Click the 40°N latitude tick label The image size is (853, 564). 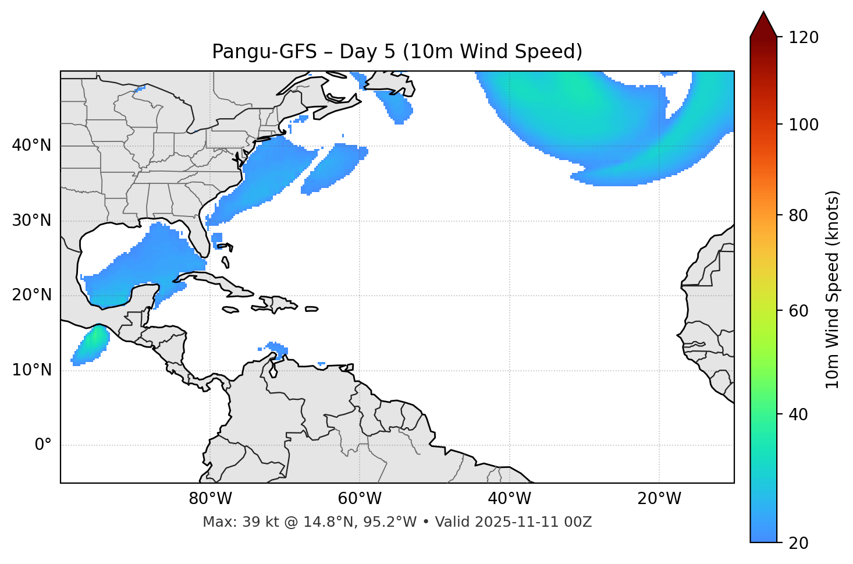(31, 146)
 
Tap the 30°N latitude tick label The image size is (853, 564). (31, 221)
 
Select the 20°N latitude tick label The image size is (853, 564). (31, 295)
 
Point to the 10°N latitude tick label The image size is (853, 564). (31, 370)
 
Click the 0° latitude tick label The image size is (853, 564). (43, 445)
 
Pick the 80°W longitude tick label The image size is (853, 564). (210, 499)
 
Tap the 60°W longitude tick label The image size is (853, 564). (360, 499)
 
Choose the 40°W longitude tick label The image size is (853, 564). (509, 499)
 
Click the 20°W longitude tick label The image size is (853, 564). (659, 499)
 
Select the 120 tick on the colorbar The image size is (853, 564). (804, 38)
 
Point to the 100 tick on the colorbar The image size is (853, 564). (804, 125)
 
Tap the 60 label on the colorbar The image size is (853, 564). (798, 311)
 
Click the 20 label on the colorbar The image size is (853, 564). (798, 543)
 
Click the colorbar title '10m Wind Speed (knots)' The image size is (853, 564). (833, 289)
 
